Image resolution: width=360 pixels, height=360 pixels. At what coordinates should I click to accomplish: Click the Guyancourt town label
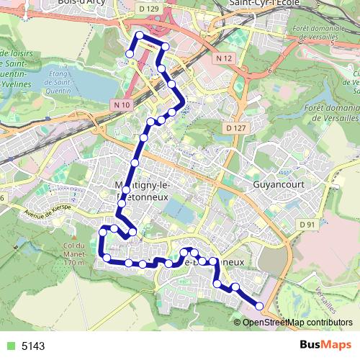click(x=280, y=184)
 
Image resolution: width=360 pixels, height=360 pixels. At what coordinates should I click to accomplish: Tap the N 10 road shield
click(x=121, y=105)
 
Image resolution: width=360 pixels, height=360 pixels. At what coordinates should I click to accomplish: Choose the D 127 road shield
click(x=235, y=127)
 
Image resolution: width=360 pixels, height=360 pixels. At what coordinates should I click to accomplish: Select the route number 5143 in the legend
click(x=33, y=346)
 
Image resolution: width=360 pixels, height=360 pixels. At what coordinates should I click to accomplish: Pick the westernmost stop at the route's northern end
click(x=130, y=53)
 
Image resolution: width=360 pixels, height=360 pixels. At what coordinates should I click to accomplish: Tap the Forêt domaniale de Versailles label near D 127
click(x=330, y=111)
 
